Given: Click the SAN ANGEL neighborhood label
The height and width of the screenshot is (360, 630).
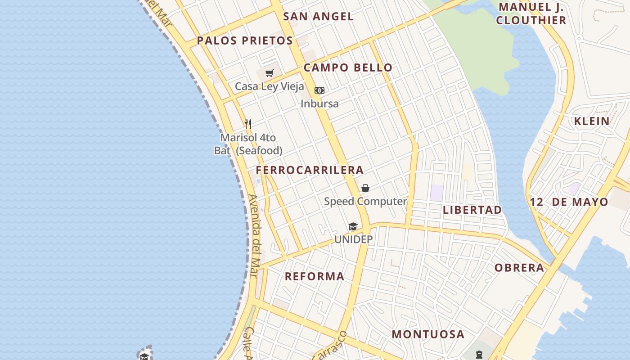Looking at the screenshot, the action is [318, 17].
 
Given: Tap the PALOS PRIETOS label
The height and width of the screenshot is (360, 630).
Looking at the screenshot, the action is [245, 40].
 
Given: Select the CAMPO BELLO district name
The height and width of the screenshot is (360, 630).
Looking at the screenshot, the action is [348, 68].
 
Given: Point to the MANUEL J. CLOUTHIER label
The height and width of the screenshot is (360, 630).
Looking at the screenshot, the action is [531, 13].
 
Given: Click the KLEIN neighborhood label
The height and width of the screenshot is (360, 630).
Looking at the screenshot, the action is [592, 121].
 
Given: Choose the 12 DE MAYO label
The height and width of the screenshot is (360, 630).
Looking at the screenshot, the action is [569, 202].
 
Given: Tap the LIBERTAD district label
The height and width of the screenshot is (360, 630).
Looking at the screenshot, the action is [472, 210].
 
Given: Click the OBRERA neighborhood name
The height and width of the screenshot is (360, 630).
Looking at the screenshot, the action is [519, 268].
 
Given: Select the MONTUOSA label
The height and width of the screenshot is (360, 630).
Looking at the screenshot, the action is [427, 334].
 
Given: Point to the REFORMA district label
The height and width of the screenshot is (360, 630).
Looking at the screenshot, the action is [315, 276].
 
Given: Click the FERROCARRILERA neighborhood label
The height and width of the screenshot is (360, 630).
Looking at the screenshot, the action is [310, 170].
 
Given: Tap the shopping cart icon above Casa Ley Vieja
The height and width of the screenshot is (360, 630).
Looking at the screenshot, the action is [270, 73].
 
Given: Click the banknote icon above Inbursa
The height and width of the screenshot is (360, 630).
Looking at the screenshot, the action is [319, 90].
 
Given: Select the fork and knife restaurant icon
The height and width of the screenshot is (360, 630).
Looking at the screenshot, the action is [248, 124].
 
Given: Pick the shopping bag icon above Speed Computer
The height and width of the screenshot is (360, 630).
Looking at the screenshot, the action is [365, 188].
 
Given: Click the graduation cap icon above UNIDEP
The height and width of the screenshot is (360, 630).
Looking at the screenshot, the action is [353, 226].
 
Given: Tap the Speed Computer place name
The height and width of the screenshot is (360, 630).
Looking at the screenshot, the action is [365, 201].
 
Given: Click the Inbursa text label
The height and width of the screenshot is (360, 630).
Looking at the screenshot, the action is [319, 103].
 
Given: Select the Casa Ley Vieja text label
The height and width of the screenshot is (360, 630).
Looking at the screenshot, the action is [270, 86].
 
